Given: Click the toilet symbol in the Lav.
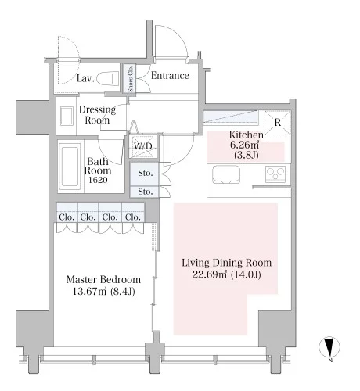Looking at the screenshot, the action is point(108,78).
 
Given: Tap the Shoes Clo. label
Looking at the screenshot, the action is point(131,78).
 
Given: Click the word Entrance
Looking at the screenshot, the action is point(170,76).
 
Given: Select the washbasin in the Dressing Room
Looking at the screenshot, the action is point(67,116).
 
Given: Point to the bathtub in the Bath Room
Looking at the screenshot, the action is point(70,167).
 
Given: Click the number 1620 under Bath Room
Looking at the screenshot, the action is point(98,180).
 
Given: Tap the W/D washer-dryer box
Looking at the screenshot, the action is point(143,146).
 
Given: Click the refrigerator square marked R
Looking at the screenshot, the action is point(278,123).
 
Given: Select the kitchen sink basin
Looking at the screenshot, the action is point(226,174).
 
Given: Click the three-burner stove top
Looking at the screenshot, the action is point(275,174).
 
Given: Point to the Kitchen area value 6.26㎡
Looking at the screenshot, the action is point(244,145).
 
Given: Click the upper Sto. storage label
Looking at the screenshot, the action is point(146,173).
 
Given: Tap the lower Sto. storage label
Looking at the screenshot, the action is point(146,192).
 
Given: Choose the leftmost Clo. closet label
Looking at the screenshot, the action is point(67,217).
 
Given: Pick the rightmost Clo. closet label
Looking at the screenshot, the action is point(133,217).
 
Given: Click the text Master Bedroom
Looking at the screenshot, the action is point(103,280).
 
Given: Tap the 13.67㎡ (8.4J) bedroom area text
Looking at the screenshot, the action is point(103,291).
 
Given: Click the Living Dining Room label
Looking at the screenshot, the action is point(227,263).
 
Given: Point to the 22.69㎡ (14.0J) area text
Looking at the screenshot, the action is point(227,274).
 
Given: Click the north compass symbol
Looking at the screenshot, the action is point(329,347).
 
